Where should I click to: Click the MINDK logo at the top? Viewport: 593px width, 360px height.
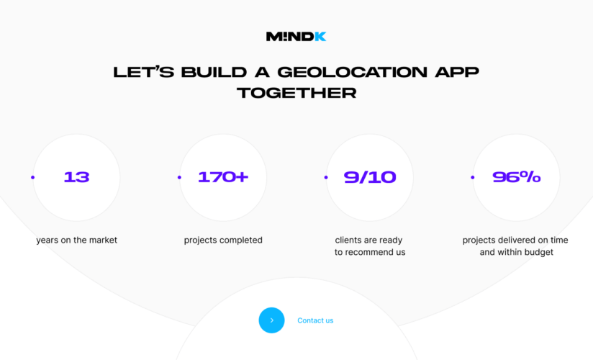pyautogui.click(x=296, y=37)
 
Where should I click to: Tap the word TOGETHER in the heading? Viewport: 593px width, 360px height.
pyautogui.click(x=296, y=93)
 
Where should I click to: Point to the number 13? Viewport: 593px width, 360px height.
pyautogui.click(x=76, y=177)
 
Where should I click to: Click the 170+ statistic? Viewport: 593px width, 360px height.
pyautogui.click(x=223, y=177)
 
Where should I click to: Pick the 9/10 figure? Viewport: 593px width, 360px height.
pyautogui.click(x=370, y=177)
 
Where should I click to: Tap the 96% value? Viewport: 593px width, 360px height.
pyautogui.click(x=517, y=177)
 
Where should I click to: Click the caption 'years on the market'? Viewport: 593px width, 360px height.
pyautogui.click(x=76, y=240)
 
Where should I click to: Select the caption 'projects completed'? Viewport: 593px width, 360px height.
pyautogui.click(x=223, y=240)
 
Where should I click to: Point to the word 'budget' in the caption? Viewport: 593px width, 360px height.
pyautogui.click(x=538, y=252)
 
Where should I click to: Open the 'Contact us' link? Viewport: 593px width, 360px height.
pyautogui.click(x=315, y=320)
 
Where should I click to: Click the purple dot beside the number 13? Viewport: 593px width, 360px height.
pyautogui.click(x=32, y=177)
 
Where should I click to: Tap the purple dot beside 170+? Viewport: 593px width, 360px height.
pyautogui.click(x=179, y=177)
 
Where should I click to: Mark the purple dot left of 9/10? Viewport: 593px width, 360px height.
pyautogui.click(x=326, y=177)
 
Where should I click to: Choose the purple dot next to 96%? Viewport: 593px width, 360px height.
pyautogui.click(x=472, y=177)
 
